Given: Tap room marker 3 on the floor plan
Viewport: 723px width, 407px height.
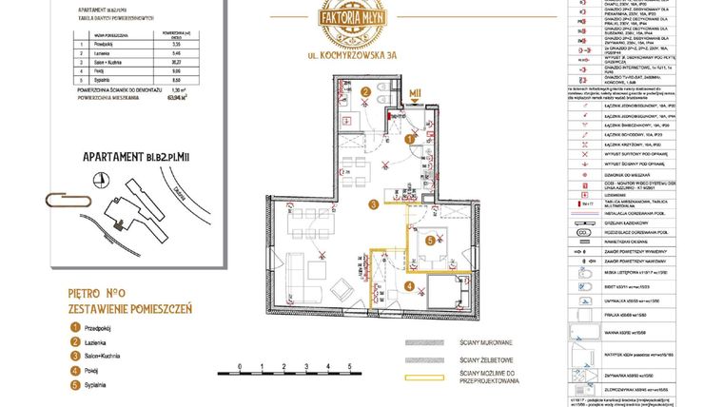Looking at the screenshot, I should [374, 203].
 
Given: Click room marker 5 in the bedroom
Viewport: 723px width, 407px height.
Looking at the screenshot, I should [431, 242].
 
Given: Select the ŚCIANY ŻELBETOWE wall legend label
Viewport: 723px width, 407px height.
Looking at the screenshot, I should [487, 360].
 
